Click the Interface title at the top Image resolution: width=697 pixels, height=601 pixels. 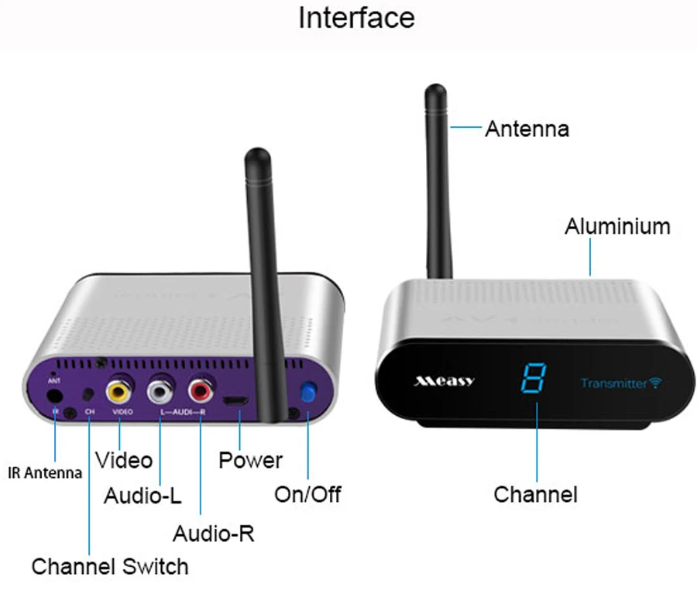pyautogui.click(x=356, y=18)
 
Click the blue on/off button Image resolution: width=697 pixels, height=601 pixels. pyautogui.click(x=309, y=393)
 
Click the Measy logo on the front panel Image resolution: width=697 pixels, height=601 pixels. pyautogui.click(x=445, y=381)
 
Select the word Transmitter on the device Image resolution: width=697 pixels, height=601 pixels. pyautogui.click(x=614, y=383)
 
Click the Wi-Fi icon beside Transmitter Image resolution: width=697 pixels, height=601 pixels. pyautogui.click(x=656, y=383)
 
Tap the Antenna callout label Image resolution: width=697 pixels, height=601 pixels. pyautogui.click(x=527, y=129)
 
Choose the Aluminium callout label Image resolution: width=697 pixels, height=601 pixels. pyautogui.click(x=617, y=227)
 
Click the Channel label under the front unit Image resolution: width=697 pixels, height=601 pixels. pyautogui.click(x=535, y=494)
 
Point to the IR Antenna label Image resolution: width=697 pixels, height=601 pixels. pyautogui.click(x=44, y=473)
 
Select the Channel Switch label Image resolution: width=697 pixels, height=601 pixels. pyautogui.click(x=110, y=566)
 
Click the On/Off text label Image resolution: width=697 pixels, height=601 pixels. pyautogui.click(x=307, y=494)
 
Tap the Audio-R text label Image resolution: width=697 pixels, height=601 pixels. pyautogui.click(x=213, y=534)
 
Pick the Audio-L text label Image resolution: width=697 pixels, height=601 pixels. pyautogui.click(x=142, y=496)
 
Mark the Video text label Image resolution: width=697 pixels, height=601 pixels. pyautogui.click(x=124, y=460)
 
